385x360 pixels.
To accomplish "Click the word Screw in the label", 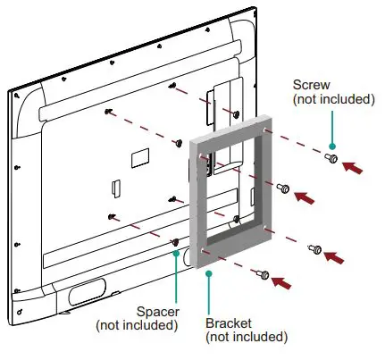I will point(310,85).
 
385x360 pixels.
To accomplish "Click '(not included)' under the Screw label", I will point(333,99).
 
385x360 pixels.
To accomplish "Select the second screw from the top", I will point(284,188).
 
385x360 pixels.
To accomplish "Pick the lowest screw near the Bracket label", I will point(263,273).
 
